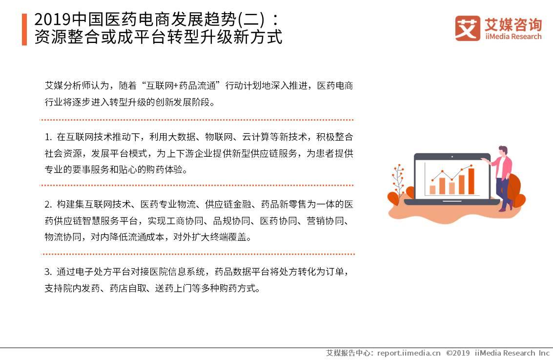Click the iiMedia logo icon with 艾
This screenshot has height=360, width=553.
pos(467,28)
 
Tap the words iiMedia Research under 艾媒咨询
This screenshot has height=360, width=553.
pos(513,36)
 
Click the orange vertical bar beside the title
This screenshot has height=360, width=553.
pos(24,29)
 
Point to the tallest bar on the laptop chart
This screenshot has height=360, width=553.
pos(471,181)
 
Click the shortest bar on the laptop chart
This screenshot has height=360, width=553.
pos(432,190)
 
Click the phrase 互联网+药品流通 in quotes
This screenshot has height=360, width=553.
pos(184,86)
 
